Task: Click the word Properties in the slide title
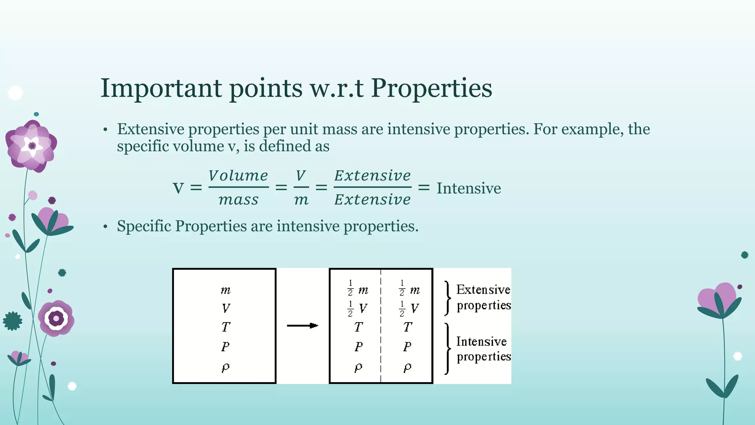[431, 89]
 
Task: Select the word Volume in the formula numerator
[238, 176]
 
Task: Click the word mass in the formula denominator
[238, 200]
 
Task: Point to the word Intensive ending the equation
[469, 188]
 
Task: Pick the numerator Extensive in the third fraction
[372, 176]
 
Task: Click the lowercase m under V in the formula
[301, 200]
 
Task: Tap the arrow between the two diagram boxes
[302, 325]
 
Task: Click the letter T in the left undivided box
[226, 327]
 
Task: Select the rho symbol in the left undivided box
[226, 367]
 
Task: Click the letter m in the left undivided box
[226, 290]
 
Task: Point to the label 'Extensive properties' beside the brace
[483, 297]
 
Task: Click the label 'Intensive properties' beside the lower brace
[483, 349]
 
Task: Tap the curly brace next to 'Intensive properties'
[448, 349]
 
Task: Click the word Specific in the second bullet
[144, 226]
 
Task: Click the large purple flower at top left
[31, 146]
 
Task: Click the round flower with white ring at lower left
[56, 318]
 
